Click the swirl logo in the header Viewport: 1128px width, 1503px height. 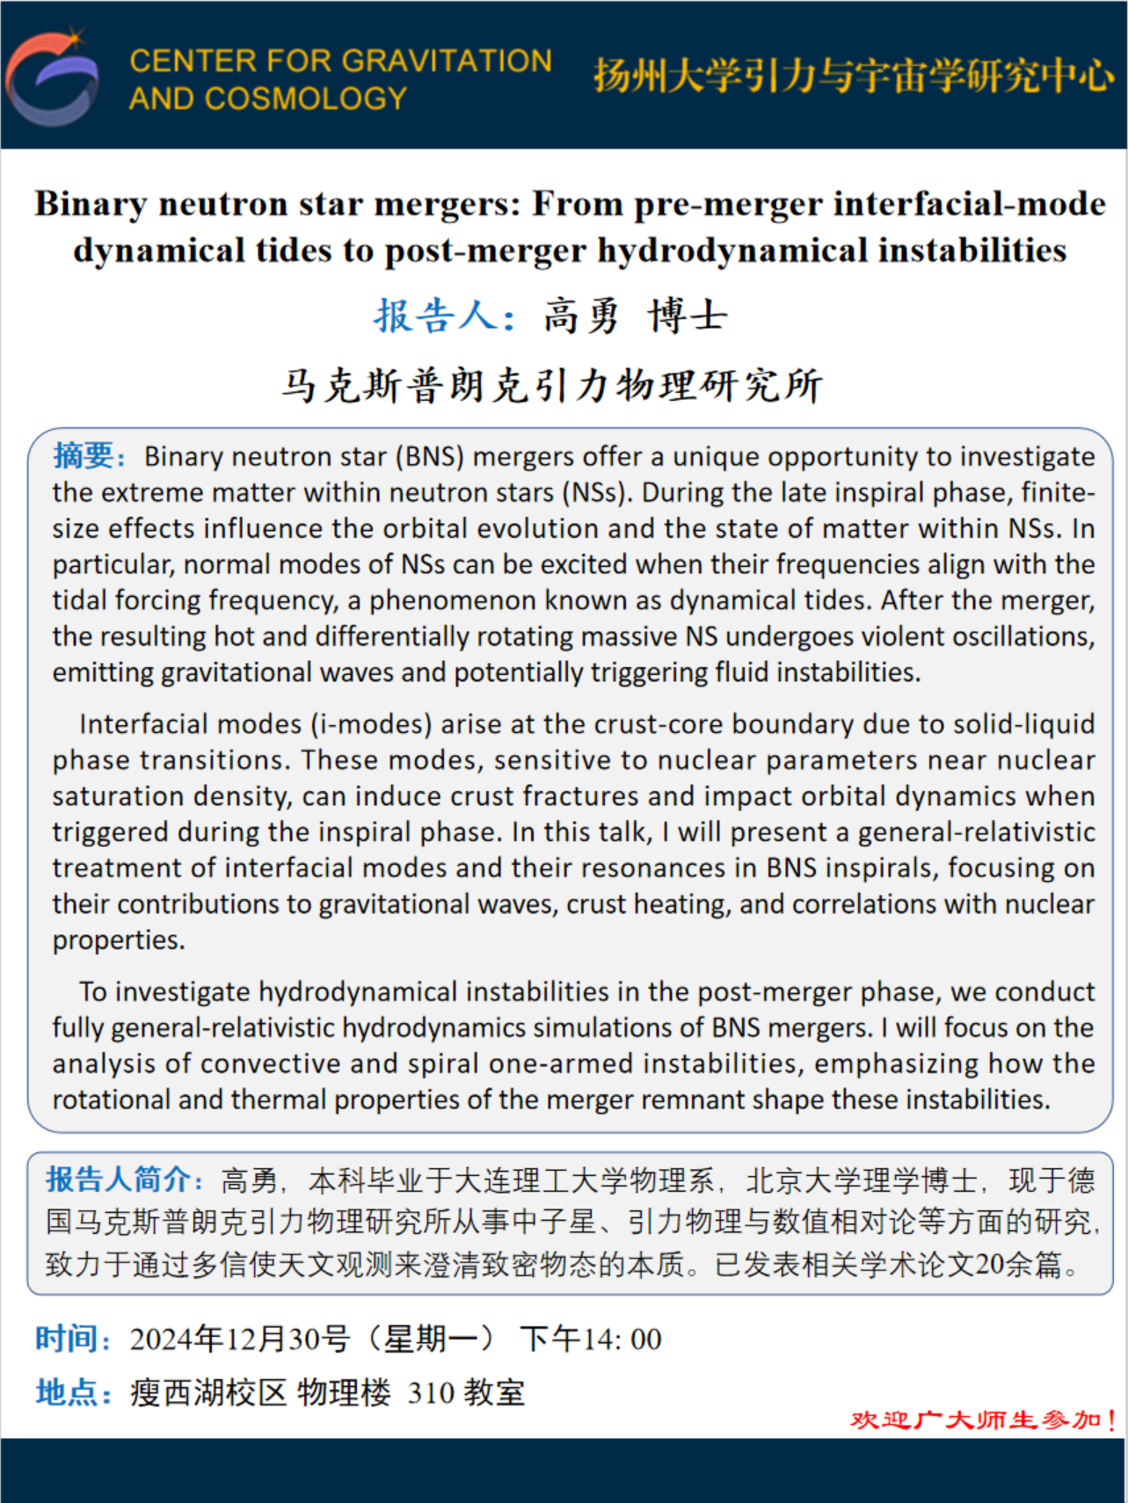point(53,77)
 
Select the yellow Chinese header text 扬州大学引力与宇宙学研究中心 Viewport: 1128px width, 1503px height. point(853,76)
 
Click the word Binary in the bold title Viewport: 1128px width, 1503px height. point(91,204)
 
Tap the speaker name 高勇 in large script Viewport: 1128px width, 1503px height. point(581,316)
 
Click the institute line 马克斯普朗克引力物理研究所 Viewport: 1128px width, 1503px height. point(551,385)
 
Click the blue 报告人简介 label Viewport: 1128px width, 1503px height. point(119,1179)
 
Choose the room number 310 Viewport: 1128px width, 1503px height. point(431,1392)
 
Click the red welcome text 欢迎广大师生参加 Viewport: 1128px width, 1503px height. point(976,1419)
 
